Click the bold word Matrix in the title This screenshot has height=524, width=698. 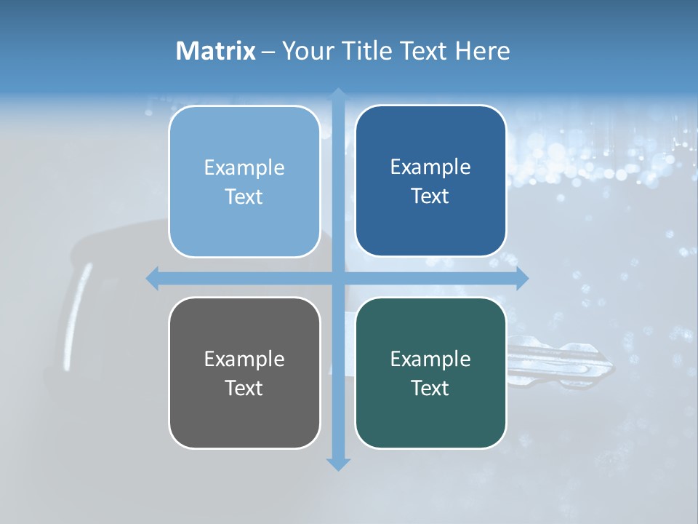[216, 51]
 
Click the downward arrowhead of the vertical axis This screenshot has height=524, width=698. [338, 464]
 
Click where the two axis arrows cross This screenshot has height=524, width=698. [338, 278]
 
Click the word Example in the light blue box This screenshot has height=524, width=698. [244, 167]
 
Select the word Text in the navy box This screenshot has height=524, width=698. [430, 196]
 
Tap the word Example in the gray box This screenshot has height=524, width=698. [244, 359]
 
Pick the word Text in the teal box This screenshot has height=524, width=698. [430, 388]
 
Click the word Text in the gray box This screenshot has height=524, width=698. [244, 388]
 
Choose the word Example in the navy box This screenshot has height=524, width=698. [430, 167]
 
